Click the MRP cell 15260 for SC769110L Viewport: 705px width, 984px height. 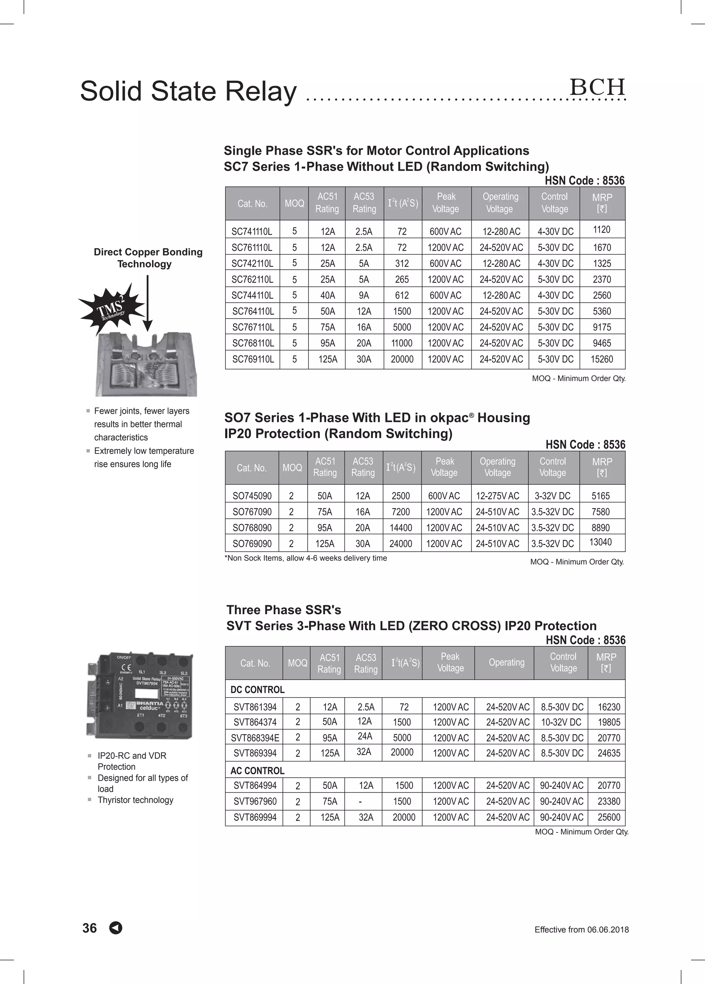pyautogui.click(x=602, y=359)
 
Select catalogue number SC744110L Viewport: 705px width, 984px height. pyautogui.click(x=252, y=295)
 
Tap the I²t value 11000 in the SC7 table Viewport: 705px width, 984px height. pyautogui.click(x=402, y=343)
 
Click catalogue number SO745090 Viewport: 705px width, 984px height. pyautogui.click(x=252, y=496)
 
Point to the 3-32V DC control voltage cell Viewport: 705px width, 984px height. pyautogui.click(x=552, y=496)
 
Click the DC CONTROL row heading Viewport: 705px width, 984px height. pyautogui.click(x=257, y=690)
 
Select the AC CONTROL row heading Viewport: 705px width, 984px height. pyautogui.click(x=257, y=771)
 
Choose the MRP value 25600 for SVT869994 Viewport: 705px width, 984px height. pyautogui.click(x=609, y=817)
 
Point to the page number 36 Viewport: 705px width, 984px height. pyautogui.click(x=90, y=928)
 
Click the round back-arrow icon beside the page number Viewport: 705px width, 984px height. pyautogui.click(x=116, y=928)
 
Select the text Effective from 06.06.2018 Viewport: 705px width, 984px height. pyautogui.click(x=581, y=930)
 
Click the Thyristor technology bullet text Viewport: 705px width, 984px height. pyautogui.click(x=135, y=800)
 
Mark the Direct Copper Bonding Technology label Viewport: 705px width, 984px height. pyautogui.click(x=148, y=258)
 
